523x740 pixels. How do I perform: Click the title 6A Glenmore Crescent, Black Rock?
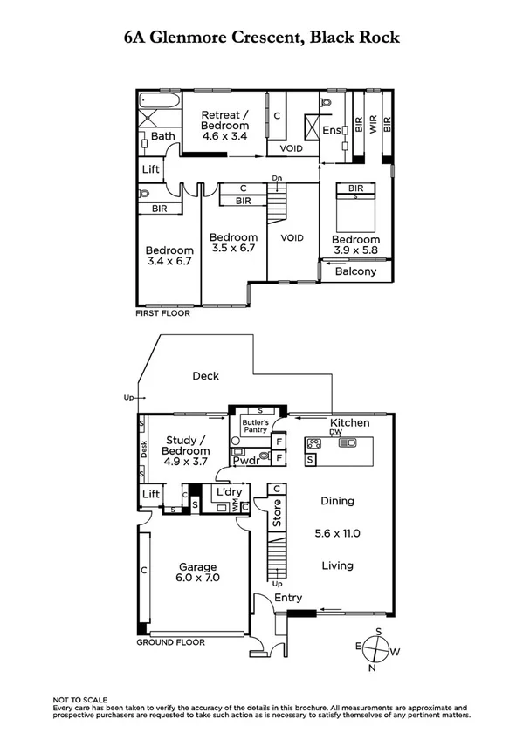(x=262, y=38)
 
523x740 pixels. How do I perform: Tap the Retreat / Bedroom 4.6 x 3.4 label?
(x=224, y=126)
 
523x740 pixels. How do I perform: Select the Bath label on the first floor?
(x=163, y=136)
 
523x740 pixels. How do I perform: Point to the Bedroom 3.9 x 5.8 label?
(x=355, y=245)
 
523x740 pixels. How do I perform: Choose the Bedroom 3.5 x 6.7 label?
(x=233, y=243)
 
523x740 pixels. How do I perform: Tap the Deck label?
(x=206, y=376)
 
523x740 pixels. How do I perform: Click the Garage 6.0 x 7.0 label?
(x=198, y=572)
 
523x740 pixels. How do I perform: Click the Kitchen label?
(x=349, y=423)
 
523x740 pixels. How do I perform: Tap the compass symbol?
(x=377, y=650)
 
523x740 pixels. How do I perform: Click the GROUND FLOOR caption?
(x=170, y=642)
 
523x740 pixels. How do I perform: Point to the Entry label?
(x=289, y=598)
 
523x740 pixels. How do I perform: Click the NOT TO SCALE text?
(x=80, y=700)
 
